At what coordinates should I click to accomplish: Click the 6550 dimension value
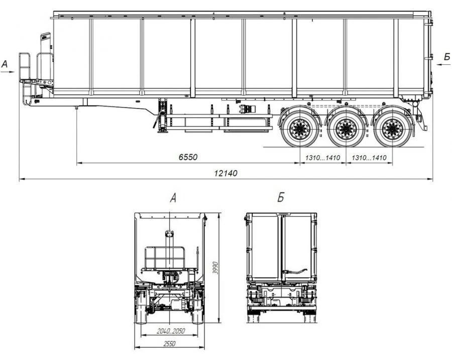pyautogui.click(x=188, y=157)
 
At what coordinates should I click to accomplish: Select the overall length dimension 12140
pyautogui.click(x=225, y=173)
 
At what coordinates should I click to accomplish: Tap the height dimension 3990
pyautogui.click(x=215, y=268)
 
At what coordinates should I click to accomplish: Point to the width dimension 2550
pyautogui.click(x=170, y=343)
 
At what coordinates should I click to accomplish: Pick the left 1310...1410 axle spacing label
pyautogui.click(x=322, y=158)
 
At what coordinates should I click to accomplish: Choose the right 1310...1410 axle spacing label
pyautogui.click(x=369, y=158)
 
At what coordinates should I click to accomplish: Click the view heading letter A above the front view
pyautogui.click(x=173, y=198)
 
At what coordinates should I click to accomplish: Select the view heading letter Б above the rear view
pyautogui.click(x=280, y=198)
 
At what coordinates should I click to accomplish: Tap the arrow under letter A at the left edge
pyautogui.click(x=7, y=72)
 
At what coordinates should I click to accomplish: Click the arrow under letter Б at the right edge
pyautogui.click(x=443, y=65)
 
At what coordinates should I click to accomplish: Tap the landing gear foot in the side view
pyautogui.click(x=162, y=131)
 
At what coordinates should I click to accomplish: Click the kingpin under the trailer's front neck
pyautogui.click(x=76, y=108)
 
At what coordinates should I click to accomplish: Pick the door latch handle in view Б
pyautogui.click(x=295, y=271)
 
